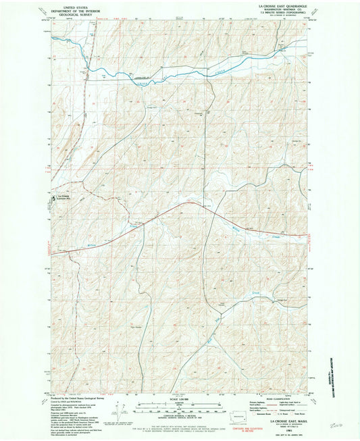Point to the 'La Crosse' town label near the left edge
pos(63,197)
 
